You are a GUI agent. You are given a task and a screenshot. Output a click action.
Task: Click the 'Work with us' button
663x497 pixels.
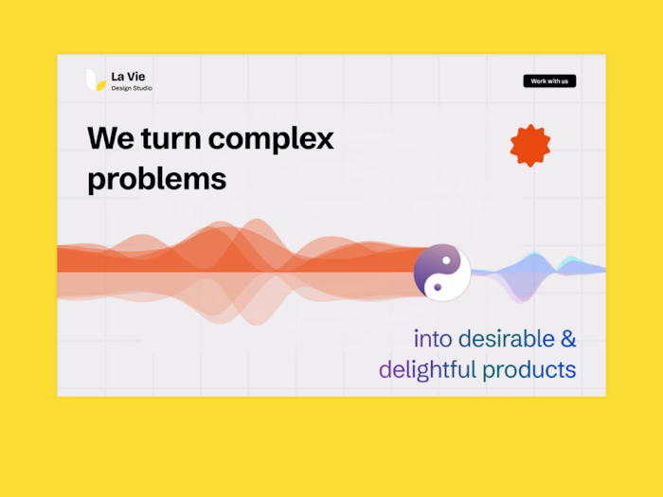coord(549,80)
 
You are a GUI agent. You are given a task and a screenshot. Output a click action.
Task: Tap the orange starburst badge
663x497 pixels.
coord(530,146)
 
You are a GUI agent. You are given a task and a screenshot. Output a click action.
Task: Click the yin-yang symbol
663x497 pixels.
coord(442,273)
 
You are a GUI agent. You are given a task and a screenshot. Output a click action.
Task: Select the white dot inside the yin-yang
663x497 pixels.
coord(446,260)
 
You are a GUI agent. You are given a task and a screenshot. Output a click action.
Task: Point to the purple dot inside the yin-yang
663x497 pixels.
coord(438,288)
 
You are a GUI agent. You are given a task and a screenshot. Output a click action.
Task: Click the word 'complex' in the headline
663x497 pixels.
coord(271,139)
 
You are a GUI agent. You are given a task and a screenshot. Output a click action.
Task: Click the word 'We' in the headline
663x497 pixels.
coord(111,138)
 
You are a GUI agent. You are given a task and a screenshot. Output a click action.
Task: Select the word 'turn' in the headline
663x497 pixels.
coord(171,138)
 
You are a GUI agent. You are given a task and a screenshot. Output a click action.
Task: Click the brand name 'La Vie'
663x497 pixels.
coord(128,77)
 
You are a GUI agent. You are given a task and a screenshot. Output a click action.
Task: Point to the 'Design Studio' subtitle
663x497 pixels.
coord(132,88)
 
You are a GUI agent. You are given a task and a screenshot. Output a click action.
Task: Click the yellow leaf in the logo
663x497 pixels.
coord(100,86)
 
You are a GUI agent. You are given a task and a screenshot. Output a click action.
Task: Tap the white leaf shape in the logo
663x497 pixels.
coord(91,80)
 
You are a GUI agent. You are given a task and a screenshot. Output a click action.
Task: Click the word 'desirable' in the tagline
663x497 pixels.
coord(507,339)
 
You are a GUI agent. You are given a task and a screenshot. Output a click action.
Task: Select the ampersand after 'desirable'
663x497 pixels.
coord(568,339)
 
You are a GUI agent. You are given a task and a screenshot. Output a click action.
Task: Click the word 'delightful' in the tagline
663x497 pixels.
coord(427,370)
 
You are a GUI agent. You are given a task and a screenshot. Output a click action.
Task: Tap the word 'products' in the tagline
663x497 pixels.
coord(529,371)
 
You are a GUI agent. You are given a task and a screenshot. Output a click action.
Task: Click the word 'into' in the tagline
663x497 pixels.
coord(433,339)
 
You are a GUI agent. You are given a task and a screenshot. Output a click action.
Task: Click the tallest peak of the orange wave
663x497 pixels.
coord(257,221)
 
